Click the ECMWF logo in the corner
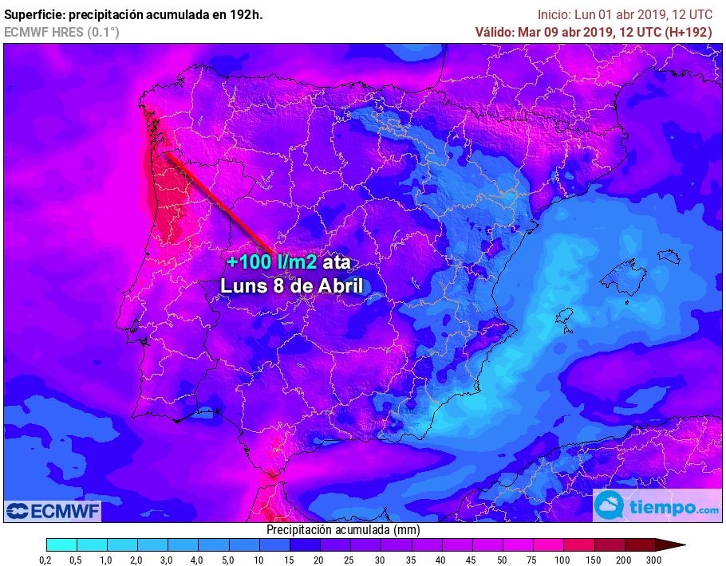tap(52, 511)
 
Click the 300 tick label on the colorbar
tap(654, 560)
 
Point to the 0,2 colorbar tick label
tap(46, 560)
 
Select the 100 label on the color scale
tap(563, 560)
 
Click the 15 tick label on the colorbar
tap(289, 560)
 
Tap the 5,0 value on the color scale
tap(228, 560)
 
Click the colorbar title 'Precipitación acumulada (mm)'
tap(343, 530)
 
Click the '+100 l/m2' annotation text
tap(271, 262)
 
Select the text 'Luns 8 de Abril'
tap(292, 285)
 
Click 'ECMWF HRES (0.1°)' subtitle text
tap(61, 32)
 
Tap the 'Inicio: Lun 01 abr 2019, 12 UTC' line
tap(625, 14)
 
